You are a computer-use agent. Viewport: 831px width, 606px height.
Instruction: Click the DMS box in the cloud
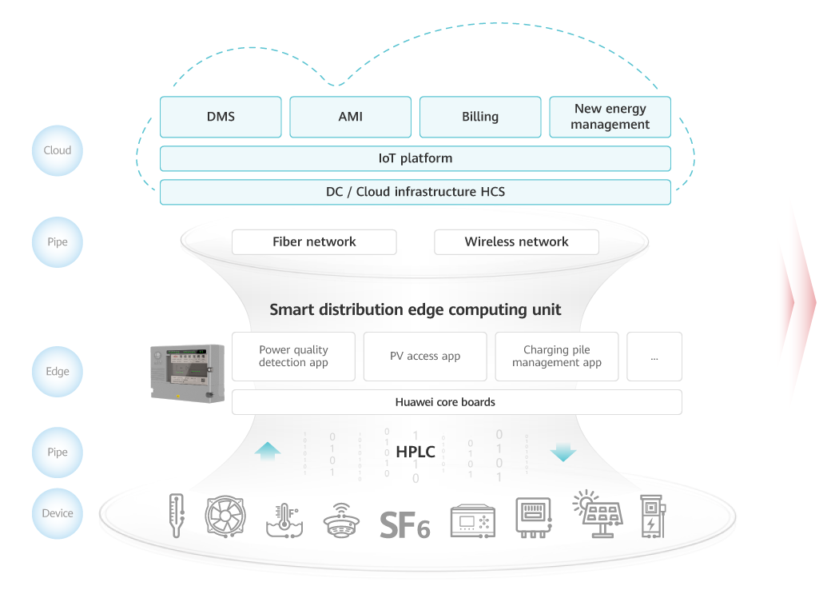point(221,117)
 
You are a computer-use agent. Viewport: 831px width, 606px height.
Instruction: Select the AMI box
point(350,117)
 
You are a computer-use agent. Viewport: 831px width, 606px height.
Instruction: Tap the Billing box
point(480,117)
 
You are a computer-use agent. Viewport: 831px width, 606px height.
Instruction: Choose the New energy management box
point(610,117)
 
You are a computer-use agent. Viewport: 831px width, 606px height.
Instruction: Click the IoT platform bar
point(415,158)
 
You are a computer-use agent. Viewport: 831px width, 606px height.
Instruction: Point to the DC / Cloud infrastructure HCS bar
point(415,192)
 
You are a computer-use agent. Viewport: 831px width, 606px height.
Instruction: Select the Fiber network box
point(314,241)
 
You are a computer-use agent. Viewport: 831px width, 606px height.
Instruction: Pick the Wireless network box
point(516,241)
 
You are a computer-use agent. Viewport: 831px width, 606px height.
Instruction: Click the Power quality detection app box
point(293,357)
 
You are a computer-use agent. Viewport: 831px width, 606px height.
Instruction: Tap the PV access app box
point(425,357)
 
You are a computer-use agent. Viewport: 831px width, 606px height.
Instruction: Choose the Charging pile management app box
point(557,357)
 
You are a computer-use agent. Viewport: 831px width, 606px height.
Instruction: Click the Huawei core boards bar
point(456,402)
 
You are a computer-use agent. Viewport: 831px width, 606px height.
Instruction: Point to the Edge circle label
point(58,372)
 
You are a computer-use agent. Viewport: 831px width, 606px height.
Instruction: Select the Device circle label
point(58,513)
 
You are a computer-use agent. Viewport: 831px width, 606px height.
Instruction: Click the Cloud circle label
point(58,150)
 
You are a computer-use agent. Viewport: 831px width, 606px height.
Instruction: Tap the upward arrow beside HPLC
point(268,452)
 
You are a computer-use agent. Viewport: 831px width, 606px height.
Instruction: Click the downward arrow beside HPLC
point(563,452)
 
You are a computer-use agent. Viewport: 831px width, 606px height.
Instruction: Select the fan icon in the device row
point(225,516)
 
